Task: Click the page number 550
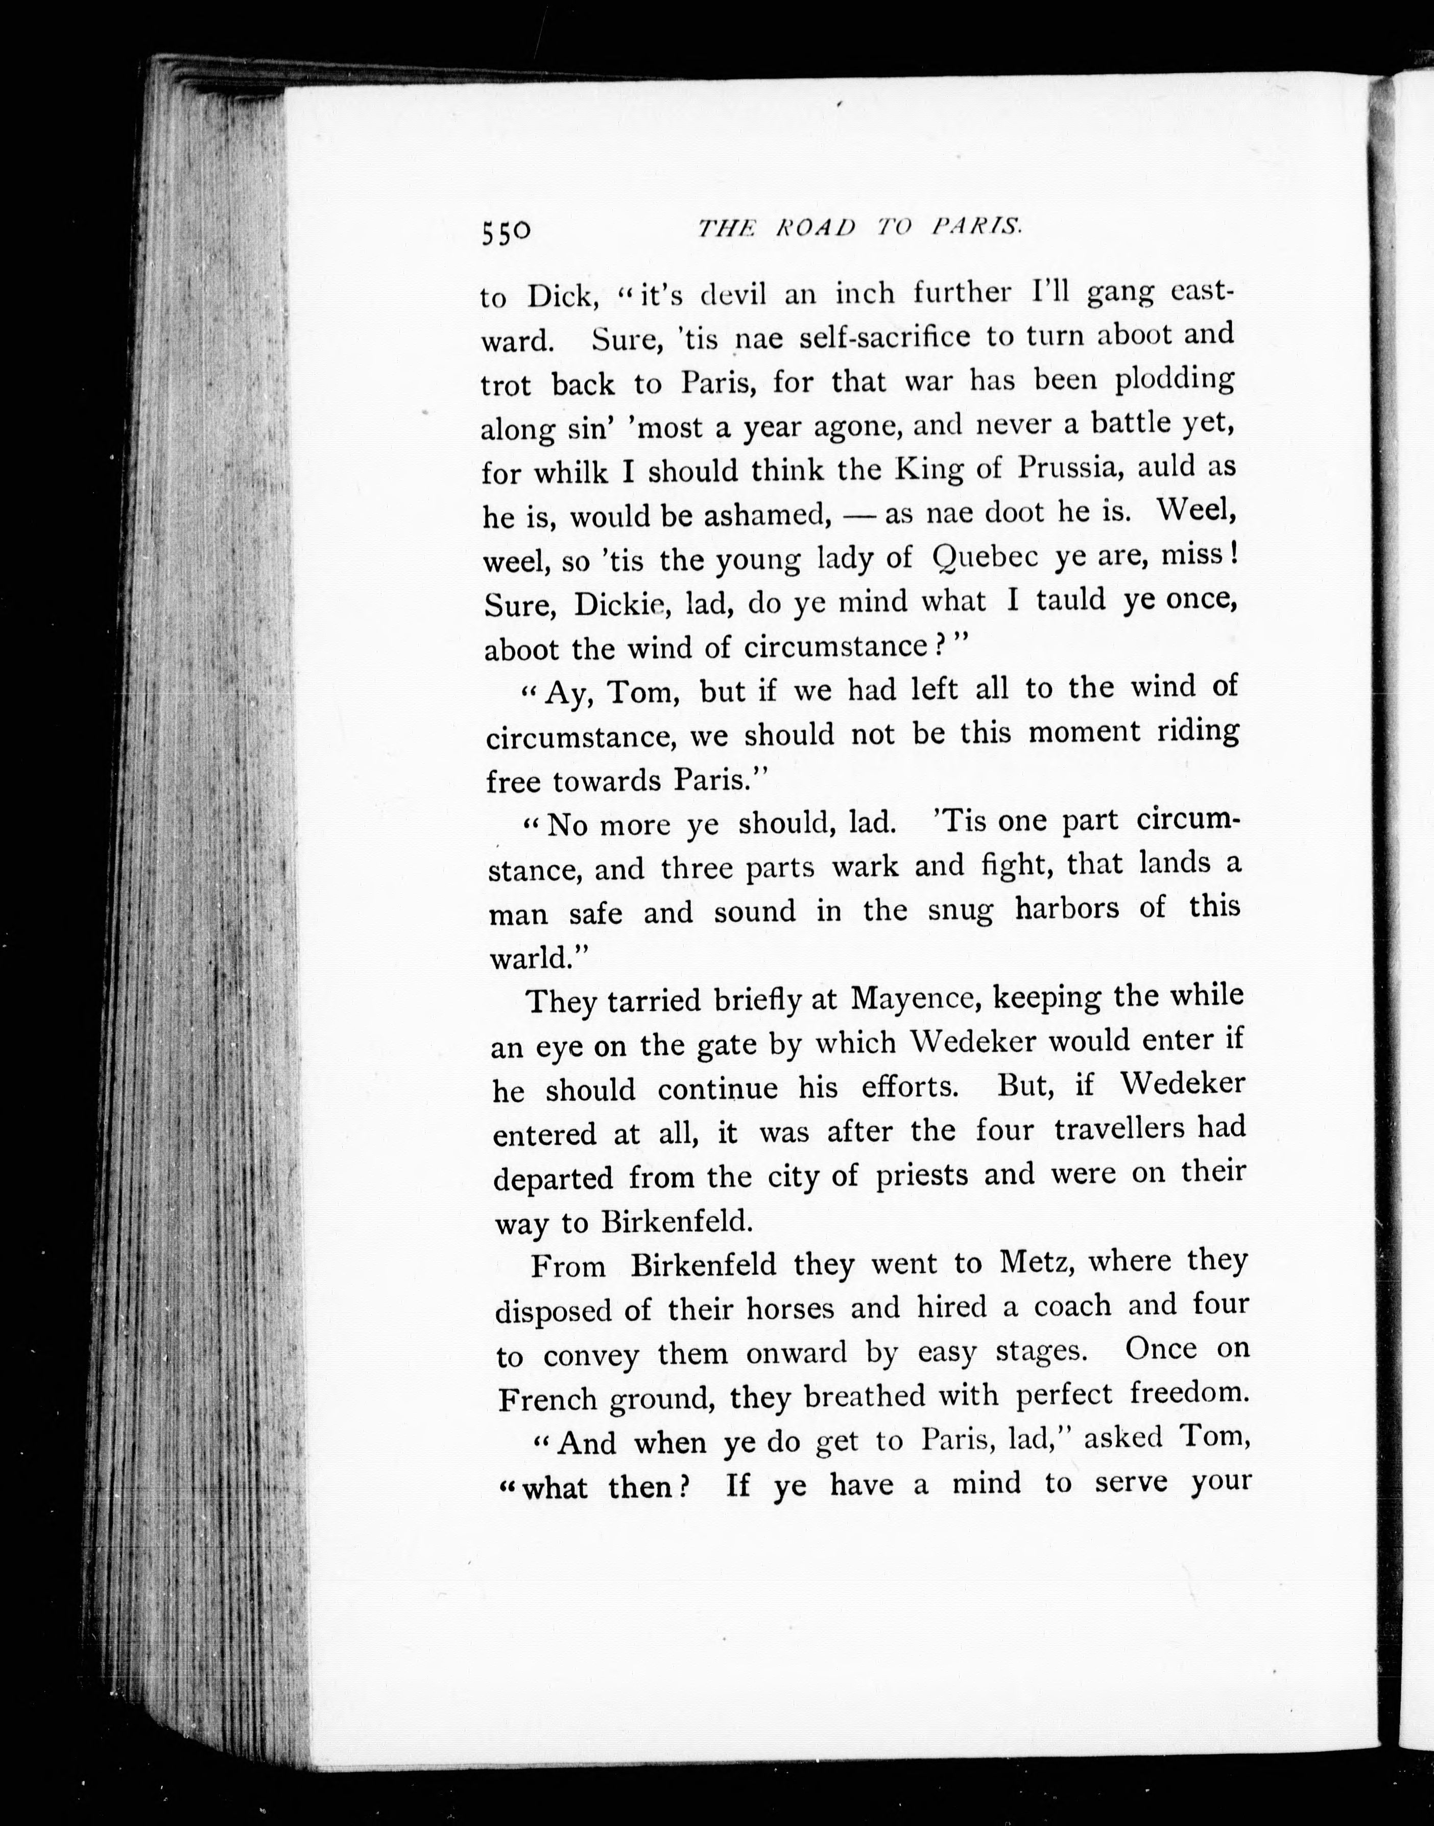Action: tap(506, 232)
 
